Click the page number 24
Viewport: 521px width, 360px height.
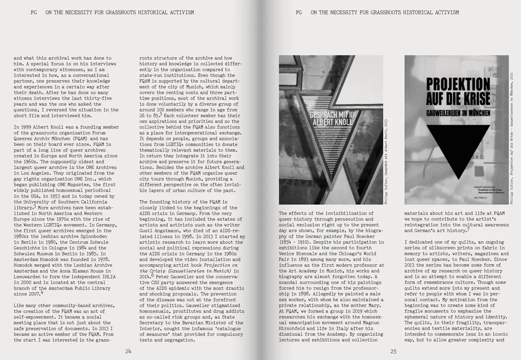tap(128, 351)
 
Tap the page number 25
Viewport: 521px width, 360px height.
tap(393, 351)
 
